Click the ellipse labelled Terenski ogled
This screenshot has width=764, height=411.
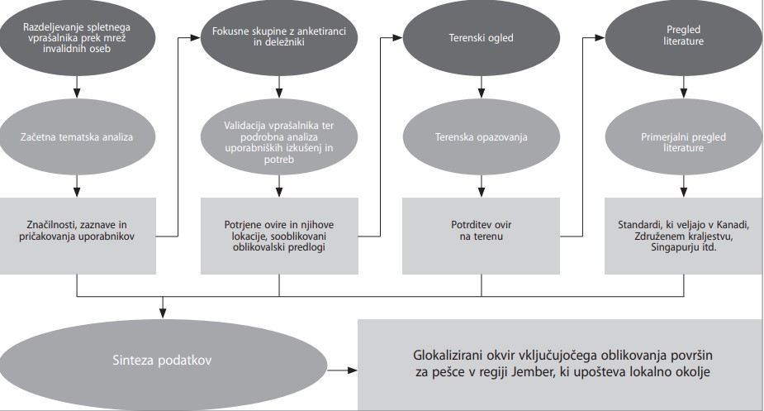click(482, 38)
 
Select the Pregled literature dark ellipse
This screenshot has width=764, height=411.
click(684, 36)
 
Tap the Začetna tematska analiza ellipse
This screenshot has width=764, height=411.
click(77, 137)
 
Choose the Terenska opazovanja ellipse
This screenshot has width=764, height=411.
click(482, 137)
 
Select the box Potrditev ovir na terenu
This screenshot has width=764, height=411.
click(482, 236)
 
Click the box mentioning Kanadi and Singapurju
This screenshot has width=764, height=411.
click(684, 236)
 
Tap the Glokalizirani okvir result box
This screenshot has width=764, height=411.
click(560, 365)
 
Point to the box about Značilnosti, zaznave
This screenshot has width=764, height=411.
click(77, 236)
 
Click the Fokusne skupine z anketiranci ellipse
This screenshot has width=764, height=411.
click(279, 37)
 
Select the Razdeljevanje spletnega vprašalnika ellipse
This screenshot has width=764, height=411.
click(77, 37)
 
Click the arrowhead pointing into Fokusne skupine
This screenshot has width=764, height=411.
click(196, 37)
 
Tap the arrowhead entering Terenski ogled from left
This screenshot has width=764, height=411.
click(397, 37)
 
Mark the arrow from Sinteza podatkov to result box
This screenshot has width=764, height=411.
click(343, 370)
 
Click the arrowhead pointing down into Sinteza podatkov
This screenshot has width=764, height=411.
click(163, 314)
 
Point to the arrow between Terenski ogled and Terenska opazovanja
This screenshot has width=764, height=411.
click(482, 88)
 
